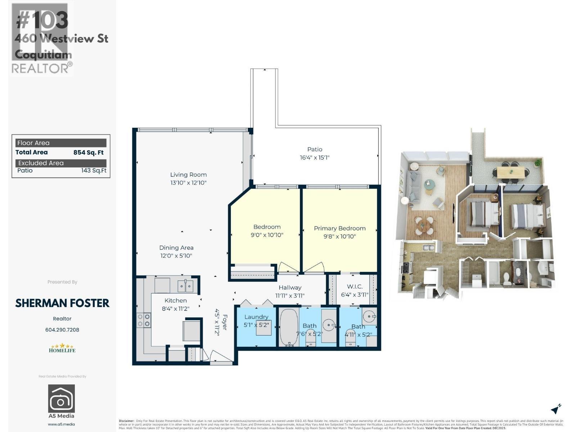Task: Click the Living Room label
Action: click(x=188, y=175)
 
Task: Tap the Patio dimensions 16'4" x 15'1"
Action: click(x=315, y=157)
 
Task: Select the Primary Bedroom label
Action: click(x=339, y=228)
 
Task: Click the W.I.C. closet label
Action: click(x=355, y=287)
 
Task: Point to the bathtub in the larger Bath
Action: click(x=289, y=327)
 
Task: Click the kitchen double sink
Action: click(x=185, y=286)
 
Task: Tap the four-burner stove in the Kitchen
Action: click(x=144, y=320)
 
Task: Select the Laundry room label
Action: click(x=256, y=317)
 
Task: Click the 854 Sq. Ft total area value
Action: click(x=88, y=153)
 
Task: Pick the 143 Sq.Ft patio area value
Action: click(x=94, y=171)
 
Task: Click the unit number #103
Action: click(x=42, y=20)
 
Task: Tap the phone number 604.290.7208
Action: click(x=62, y=330)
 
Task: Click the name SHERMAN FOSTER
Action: click(x=62, y=303)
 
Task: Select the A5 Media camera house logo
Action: click(x=62, y=399)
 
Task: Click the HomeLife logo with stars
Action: click(x=62, y=348)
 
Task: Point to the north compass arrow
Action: click(x=556, y=409)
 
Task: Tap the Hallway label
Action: click(x=290, y=287)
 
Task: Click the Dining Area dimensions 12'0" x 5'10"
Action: click(x=176, y=256)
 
